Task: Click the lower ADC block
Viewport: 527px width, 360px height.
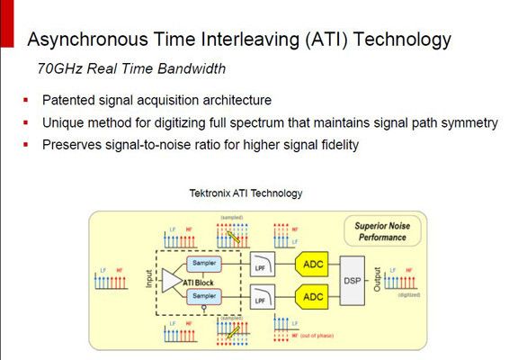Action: pos(313,295)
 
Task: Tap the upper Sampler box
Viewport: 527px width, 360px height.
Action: pos(201,263)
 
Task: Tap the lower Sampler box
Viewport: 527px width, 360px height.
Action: pos(201,295)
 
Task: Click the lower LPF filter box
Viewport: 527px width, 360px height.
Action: pos(260,295)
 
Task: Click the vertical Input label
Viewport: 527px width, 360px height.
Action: pos(149,279)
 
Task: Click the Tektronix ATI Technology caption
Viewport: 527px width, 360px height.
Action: pos(246,193)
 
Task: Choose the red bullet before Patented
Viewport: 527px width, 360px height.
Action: pos(26,100)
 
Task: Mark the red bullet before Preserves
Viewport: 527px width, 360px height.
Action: pos(26,144)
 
